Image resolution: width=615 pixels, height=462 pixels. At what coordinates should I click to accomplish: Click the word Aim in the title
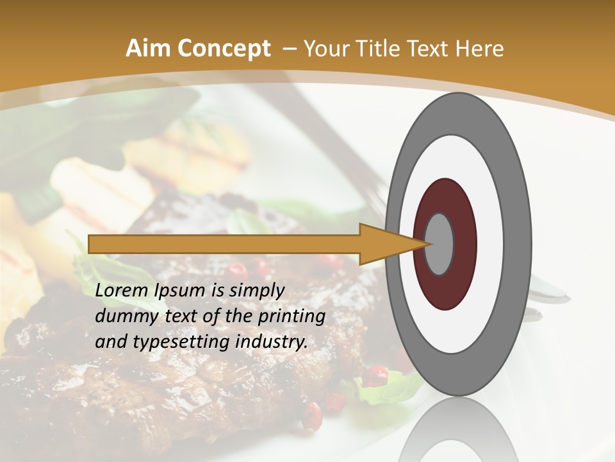[149, 49]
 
